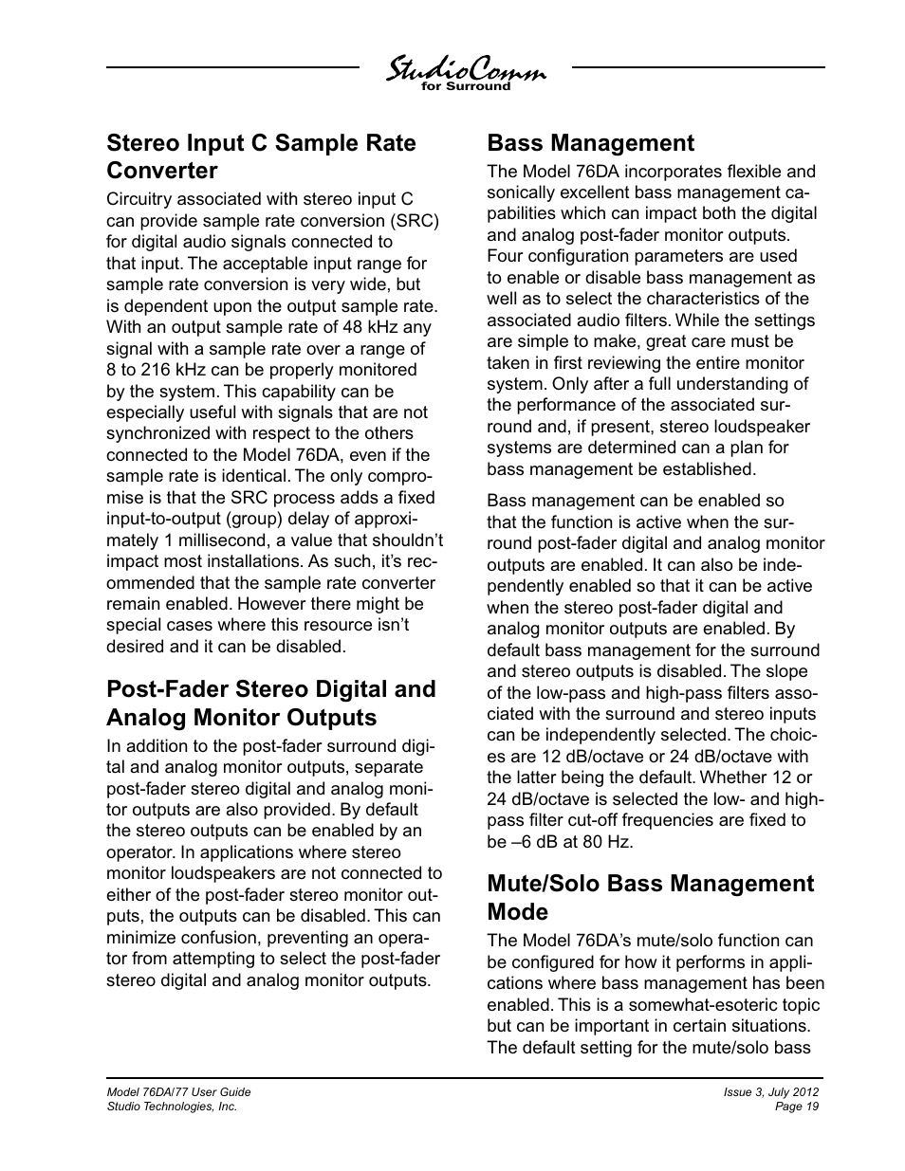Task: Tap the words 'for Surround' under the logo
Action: (x=465, y=87)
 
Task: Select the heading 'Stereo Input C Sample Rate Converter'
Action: (x=261, y=156)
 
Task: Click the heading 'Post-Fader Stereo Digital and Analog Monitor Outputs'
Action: (x=271, y=703)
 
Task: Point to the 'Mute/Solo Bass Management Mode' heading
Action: (x=650, y=897)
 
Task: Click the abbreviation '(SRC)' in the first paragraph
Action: (x=416, y=221)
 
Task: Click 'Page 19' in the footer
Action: (x=797, y=1107)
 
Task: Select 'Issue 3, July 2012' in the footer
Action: (x=771, y=1092)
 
